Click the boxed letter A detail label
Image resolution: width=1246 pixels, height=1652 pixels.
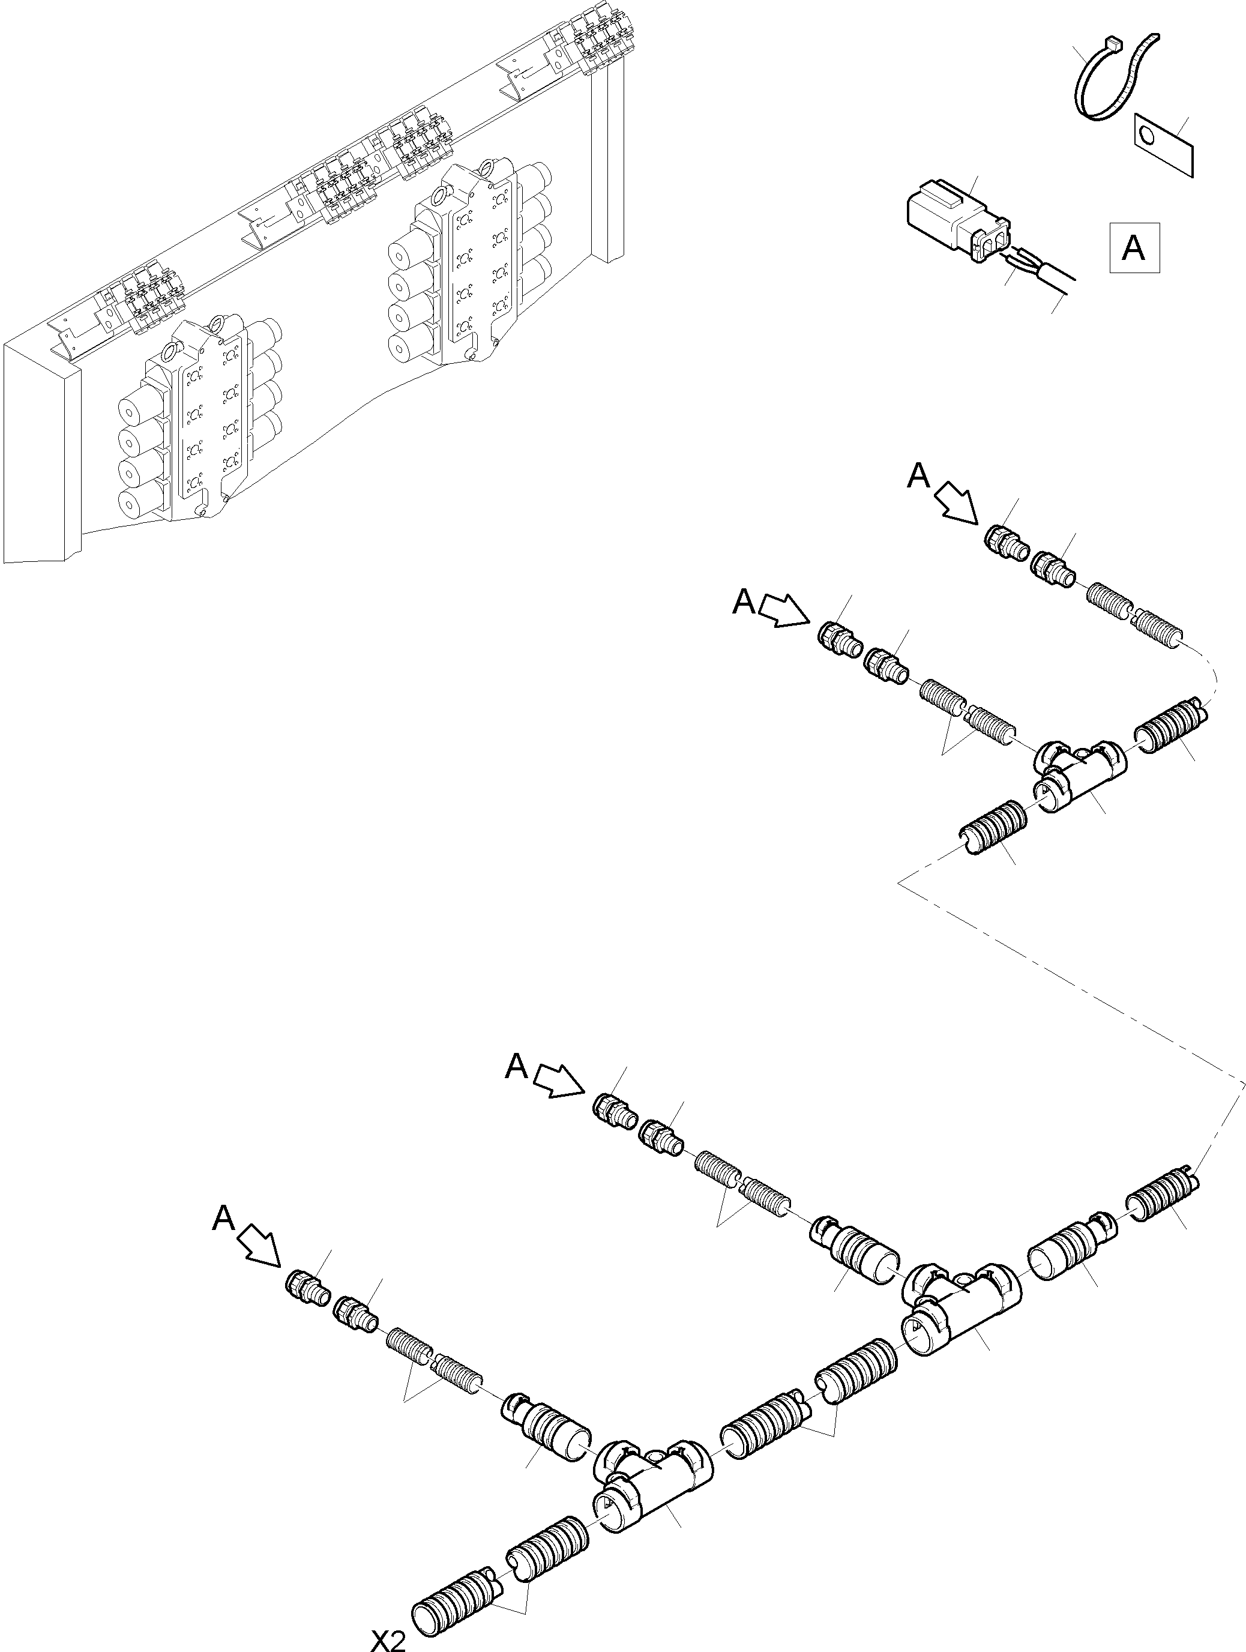pos(1133,247)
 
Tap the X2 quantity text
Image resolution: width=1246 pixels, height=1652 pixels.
pos(389,1640)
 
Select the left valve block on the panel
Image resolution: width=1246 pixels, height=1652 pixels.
pos(198,422)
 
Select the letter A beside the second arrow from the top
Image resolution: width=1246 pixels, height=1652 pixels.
pos(744,601)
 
